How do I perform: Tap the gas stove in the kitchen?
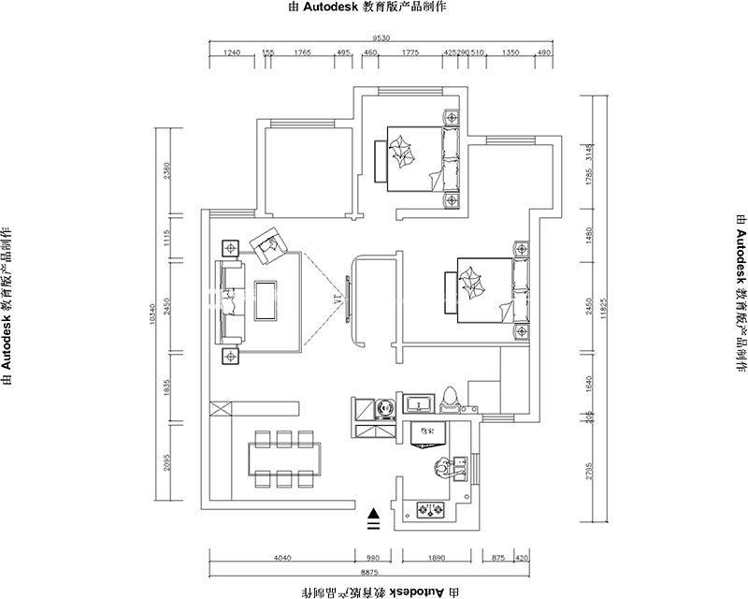pos(431,511)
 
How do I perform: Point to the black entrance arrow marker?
pos(373,514)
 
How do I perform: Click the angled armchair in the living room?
pos(267,244)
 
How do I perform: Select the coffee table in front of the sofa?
pos(266,300)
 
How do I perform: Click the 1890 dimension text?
pos(436,558)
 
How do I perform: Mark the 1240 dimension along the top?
pos(234,53)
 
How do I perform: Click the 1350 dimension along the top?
pos(511,53)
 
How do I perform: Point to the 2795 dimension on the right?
pos(588,468)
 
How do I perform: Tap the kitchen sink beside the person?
pos(460,467)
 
